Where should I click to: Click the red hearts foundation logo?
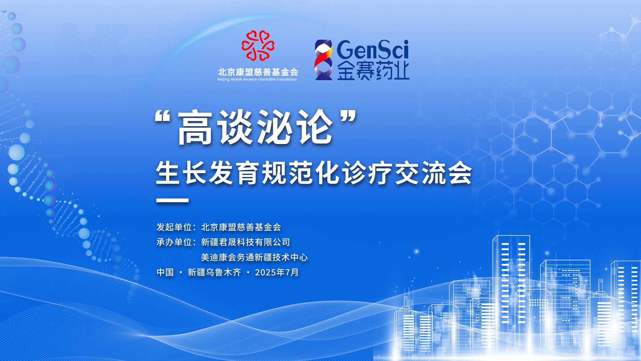pyautogui.click(x=258, y=45)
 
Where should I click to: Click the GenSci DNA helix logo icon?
pyautogui.click(x=323, y=60)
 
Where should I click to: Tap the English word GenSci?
pyautogui.click(x=373, y=49)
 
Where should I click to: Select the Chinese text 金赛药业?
pyautogui.click(x=373, y=71)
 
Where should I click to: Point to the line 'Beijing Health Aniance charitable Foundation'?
pyautogui.click(x=257, y=79)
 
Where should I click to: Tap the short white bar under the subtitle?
pyautogui.click(x=172, y=201)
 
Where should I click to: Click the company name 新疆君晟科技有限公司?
pyautogui.click(x=245, y=242)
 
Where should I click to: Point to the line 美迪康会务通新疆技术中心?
pyautogui.click(x=254, y=257)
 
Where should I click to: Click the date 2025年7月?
pyautogui.click(x=277, y=272)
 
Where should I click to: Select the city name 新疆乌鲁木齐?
pyautogui.click(x=214, y=272)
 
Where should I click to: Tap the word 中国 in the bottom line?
pyautogui.click(x=165, y=272)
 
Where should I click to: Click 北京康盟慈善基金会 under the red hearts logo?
pyautogui.click(x=258, y=72)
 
